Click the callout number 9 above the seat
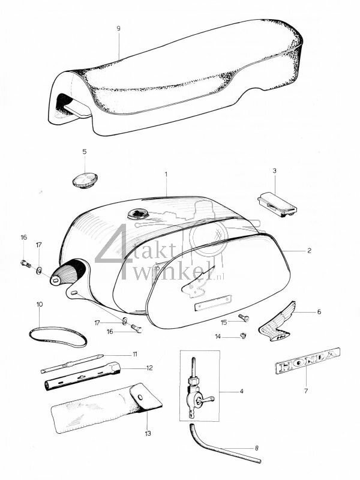119,28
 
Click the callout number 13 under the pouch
148,431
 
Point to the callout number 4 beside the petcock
241,392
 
